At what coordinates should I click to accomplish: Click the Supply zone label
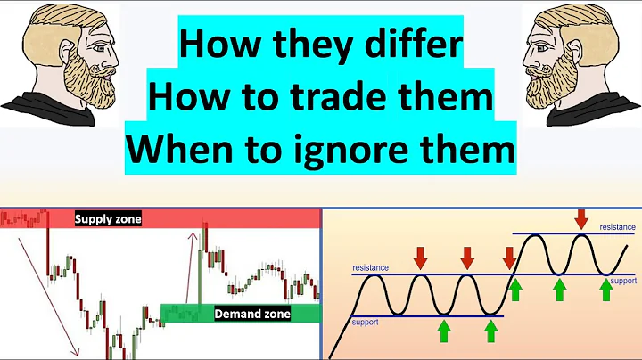pyautogui.click(x=108, y=219)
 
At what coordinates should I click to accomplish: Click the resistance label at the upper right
pyautogui.click(x=616, y=228)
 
